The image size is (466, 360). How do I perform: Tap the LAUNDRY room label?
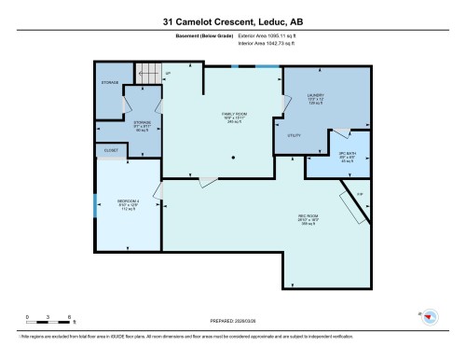click(x=316, y=96)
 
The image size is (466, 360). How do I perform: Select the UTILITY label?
click(x=294, y=136)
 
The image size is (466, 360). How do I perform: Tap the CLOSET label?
click(x=109, y=150)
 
